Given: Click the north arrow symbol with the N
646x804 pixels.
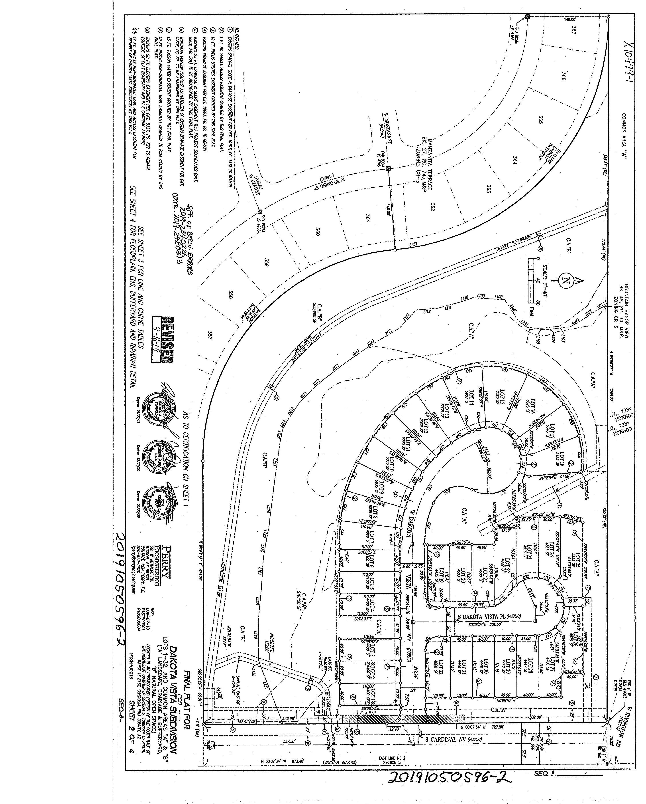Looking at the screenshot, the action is pos(566,281).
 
